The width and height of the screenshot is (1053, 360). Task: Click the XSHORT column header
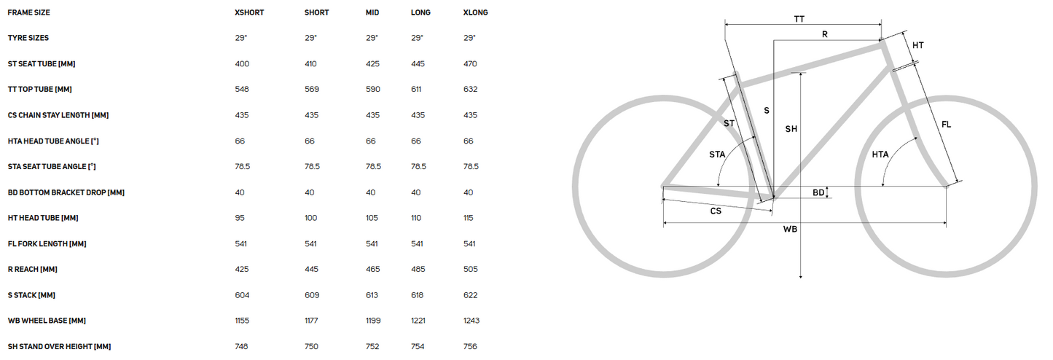click(249, 12)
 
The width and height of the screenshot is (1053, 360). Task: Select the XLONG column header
click(475, 12)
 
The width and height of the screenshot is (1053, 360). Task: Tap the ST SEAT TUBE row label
click(42, 64)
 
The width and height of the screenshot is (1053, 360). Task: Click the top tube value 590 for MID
click(373, 90)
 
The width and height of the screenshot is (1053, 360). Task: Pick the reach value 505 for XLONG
click(471, 270)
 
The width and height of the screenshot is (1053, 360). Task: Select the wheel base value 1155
click(242, 321)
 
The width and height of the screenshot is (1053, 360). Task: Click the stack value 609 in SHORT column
click(312, 295)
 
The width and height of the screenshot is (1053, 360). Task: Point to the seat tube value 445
click(418, 64)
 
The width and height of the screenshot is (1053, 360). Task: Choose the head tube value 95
click(240, 218)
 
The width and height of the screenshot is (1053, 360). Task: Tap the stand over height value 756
click(470, 346)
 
